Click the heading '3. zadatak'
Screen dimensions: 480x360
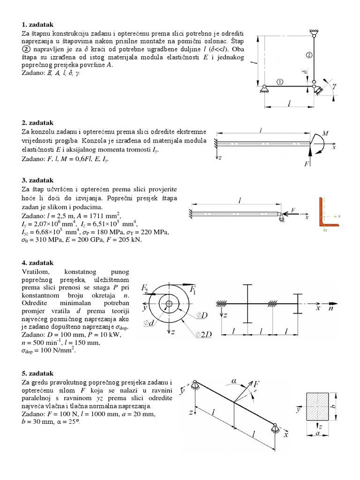[37, 180]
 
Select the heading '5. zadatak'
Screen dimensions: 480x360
[37, 374]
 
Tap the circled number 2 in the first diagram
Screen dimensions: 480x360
[308, 55]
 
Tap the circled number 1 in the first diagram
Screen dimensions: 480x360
[280, 81]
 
